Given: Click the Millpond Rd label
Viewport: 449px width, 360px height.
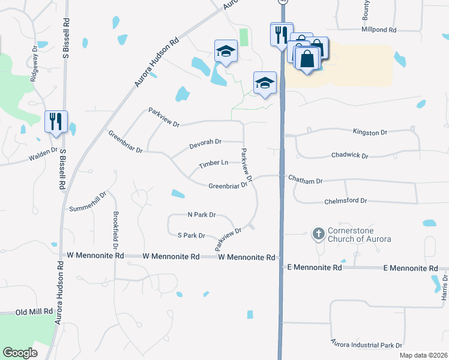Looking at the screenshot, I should [x=379, y=29].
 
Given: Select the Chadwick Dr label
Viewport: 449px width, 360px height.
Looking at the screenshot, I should [x=349, y=155].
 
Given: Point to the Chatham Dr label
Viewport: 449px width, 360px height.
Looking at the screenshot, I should [x=306, y=180].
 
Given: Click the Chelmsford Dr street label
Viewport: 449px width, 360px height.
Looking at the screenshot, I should [x=345, y=202].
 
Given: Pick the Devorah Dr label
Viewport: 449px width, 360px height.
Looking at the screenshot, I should [x=205, y=142].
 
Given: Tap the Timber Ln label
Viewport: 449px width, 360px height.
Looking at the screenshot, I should [x=214, y=163].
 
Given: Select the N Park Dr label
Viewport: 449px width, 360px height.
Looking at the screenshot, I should [x=201, y=214].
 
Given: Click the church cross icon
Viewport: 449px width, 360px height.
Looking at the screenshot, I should [x=319, y=232].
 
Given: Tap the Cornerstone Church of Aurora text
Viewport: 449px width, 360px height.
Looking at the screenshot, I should [x=359, y=235].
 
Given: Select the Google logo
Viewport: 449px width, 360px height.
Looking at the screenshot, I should [x=20, y=353].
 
